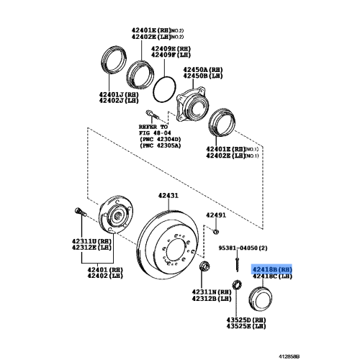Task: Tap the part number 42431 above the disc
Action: pos(168,196)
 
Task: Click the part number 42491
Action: pos(216,215)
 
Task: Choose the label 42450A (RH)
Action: pos(200,67)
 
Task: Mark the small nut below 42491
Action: pos(216,230)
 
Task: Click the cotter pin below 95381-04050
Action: pos(236,263)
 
